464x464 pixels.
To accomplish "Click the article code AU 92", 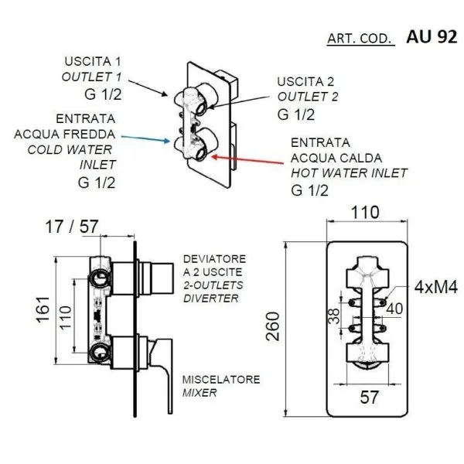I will point(432,36).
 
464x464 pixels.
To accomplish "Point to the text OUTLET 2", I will point(309,97).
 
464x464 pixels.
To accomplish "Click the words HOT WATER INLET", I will point(349,172).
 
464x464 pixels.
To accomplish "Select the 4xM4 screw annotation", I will point(436,288).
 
